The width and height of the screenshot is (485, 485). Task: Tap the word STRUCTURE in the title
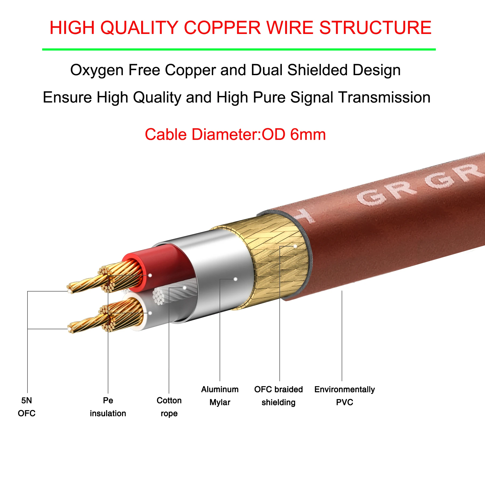click(375, 28)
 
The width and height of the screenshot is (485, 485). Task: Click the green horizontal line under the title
click(239, 50)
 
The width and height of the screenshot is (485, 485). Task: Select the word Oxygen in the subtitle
click(97, 70)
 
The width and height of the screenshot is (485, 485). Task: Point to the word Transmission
click(384, 97)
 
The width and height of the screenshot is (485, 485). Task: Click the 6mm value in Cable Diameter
click(308, 134)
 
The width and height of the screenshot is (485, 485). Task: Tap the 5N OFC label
click(26, 407)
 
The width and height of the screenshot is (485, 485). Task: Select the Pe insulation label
click(108, 407)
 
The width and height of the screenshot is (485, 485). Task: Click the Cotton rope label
click(169, 407)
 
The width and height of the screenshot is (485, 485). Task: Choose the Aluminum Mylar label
click(220, 396)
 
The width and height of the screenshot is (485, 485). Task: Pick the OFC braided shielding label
click(278, 396)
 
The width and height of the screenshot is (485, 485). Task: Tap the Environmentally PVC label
click(344, 396)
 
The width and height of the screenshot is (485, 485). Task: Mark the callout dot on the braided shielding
click(295, 246)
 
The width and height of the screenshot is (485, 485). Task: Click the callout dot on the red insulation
click(150, 275)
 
